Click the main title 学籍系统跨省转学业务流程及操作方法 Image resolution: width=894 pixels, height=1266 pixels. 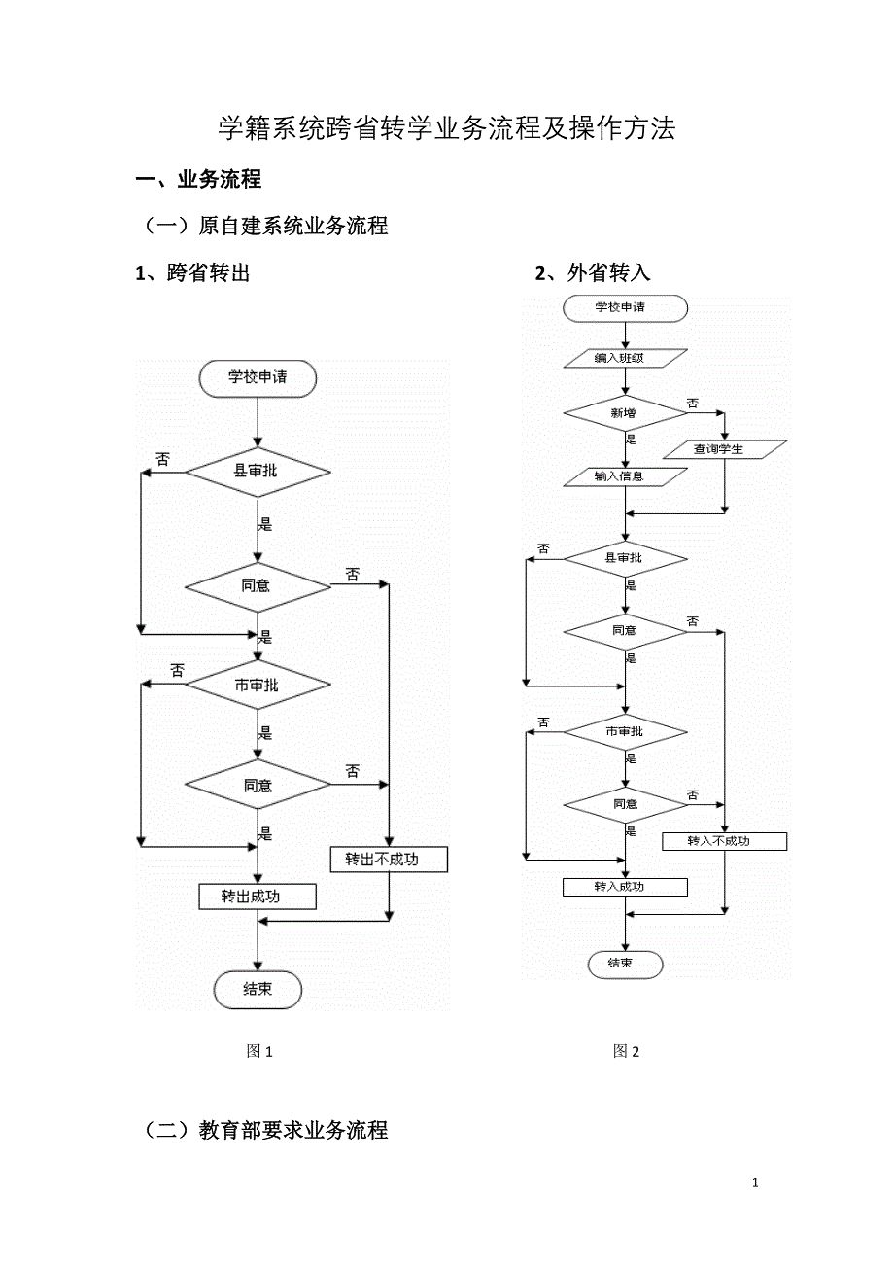click(x=446, y=129)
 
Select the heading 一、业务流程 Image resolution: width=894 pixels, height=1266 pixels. click(x=199, y=180)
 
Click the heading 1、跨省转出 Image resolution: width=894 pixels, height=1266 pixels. click(x=193, y=273)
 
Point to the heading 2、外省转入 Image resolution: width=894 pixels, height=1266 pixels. click(x=593, y=273)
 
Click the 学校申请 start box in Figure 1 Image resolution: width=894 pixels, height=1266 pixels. click(x=258, y=378)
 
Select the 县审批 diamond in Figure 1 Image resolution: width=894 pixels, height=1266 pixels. click(x=258, y=472)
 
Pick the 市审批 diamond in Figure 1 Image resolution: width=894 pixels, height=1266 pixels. click(x=258, y=686)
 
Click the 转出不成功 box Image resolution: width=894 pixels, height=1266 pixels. click(x=389, y=860)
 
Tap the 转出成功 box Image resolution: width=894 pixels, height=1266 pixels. click(x=257, y=897)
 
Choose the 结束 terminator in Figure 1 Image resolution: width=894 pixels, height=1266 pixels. click(x=258, y=990)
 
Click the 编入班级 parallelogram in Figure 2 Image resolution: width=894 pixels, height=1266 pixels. click(x=626, y=359)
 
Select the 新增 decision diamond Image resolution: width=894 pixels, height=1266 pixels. click(x=626, y=413)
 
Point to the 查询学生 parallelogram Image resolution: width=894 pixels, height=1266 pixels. click(x=724, y=449)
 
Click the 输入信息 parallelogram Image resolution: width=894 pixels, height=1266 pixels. click(x=626, y=476)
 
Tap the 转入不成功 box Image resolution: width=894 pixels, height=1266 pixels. click(x=724, y=841)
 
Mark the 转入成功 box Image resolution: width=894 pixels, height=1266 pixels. click(x=625, y=887)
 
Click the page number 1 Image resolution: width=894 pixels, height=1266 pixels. click(x=755, y=1183)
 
